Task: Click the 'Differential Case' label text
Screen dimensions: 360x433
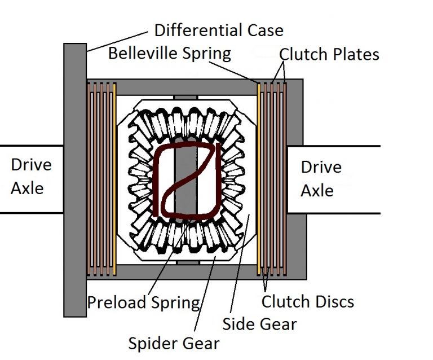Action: click(x=219, y=29)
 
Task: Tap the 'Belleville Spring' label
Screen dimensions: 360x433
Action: click(x=170, y=54)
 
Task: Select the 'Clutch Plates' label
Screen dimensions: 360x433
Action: click(x=329, y=54)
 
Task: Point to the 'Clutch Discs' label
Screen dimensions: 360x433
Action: click(x=308, y=301)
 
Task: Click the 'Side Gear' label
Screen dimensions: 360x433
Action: click(x=259, y=323)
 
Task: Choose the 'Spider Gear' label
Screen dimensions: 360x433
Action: click(x=174, y=343)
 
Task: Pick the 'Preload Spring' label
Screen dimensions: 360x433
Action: click(x=143, y=302)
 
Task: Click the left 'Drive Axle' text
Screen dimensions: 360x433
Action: click(x=31, y=176)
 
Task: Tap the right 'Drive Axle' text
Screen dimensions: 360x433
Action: click(x=321, y=179)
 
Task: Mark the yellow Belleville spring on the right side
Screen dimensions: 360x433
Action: click(x=259, y=181)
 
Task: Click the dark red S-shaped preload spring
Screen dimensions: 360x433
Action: click(x=186, y=181)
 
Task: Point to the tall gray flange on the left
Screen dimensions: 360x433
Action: click(x=74, y=181)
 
